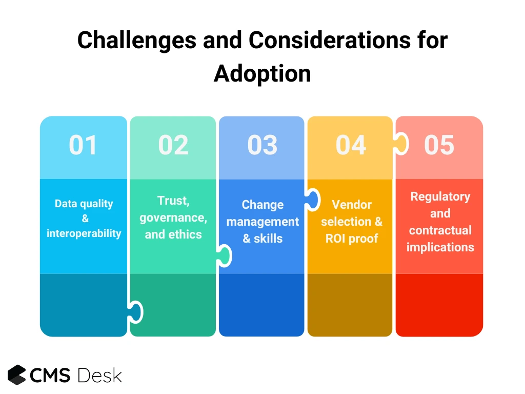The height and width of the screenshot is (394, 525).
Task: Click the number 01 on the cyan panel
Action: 83,145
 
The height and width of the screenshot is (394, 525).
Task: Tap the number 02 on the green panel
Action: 173,145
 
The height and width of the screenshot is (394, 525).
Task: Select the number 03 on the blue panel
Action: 262,145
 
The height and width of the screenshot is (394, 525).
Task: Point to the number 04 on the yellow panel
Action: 351,145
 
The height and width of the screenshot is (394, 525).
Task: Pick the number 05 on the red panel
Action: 439,145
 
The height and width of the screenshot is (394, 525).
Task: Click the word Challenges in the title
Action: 137,41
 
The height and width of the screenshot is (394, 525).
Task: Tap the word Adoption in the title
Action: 262,74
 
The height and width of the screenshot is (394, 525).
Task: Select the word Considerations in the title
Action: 330,40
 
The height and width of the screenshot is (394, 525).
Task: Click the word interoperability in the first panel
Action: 84,233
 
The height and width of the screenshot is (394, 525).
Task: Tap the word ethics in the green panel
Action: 185,234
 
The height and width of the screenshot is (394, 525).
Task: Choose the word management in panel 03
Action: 262,222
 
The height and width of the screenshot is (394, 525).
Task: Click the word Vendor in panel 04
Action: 352,204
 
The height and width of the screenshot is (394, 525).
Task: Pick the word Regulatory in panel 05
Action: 440,196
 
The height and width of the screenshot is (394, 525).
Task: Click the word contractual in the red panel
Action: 440,230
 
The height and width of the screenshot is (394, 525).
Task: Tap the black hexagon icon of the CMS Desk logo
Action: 17,375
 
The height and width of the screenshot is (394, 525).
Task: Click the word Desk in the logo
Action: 100,375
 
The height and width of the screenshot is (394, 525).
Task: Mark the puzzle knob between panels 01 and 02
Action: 135,312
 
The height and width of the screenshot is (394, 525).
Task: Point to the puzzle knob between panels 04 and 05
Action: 401,144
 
